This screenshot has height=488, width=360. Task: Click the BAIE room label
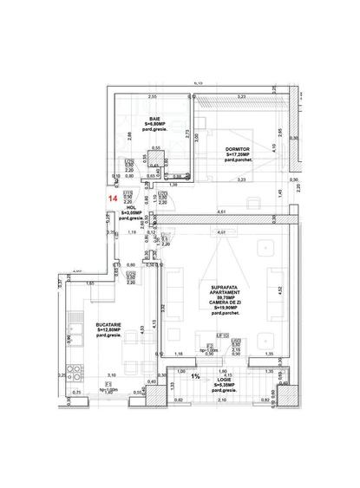(x=154, y=119)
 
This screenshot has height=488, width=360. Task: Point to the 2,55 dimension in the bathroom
(x=151, y=96)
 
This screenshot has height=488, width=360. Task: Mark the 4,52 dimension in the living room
(x=279, y=291)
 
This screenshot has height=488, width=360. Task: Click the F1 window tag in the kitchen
(x=108, y=383)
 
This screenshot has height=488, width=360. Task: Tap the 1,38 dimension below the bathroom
(x=173, y=185)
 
